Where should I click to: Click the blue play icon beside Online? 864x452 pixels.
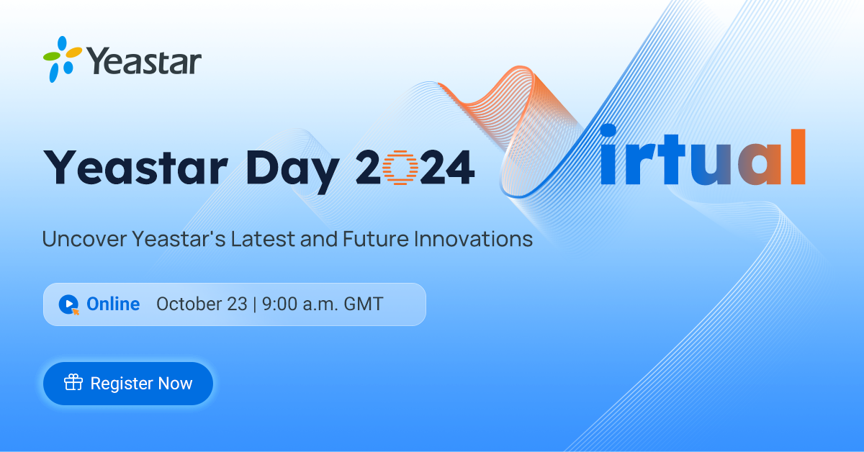tap(68, 304)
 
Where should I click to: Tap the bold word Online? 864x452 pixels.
tap(113, 304)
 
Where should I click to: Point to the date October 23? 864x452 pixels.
tap(202, 304)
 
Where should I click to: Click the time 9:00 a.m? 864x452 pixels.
tap(297, 304)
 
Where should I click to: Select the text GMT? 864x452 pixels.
tap(363, 304)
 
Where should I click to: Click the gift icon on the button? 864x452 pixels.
tap(73, 383)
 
